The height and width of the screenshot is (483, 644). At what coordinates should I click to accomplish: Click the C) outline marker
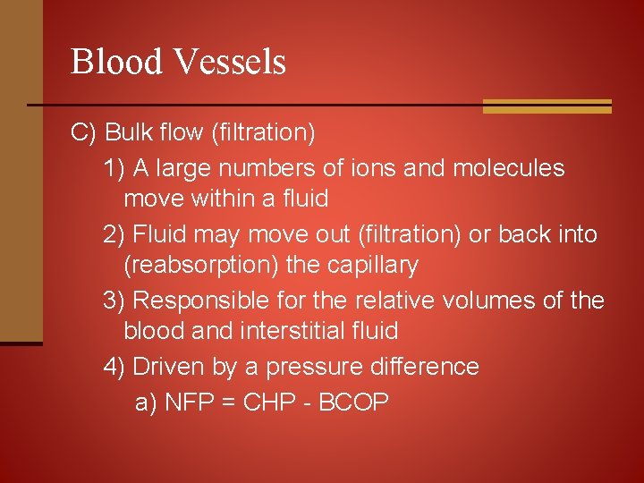click(x=83, y=133)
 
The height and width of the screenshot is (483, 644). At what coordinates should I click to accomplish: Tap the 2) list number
click(x=114, y=234)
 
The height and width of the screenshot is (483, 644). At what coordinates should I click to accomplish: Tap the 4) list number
click(x=114, y=367)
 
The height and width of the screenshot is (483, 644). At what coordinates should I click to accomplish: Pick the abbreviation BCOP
click(x=352, y=402)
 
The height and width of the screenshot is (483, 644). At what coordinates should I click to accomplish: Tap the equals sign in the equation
click(x=226, y=403)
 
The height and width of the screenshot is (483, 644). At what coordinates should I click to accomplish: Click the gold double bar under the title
click(x=547, y=106)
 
